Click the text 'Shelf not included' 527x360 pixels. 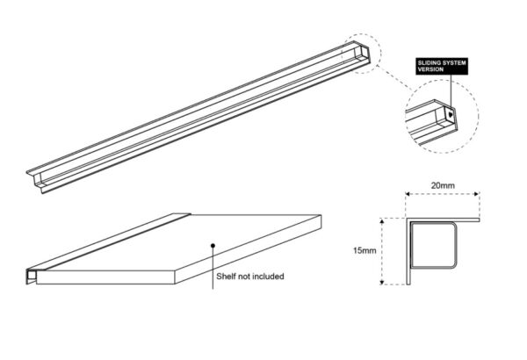click(x=250, y=277)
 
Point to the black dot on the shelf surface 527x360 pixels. click(x=212, y=245)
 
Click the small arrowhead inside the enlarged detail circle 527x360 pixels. click(x=450, y=112)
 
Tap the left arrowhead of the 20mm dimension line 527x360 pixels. click(x=406, y=196)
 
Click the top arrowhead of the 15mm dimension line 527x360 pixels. click(x=382, y=220)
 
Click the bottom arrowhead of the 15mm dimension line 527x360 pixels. click(x=382, y=282)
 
